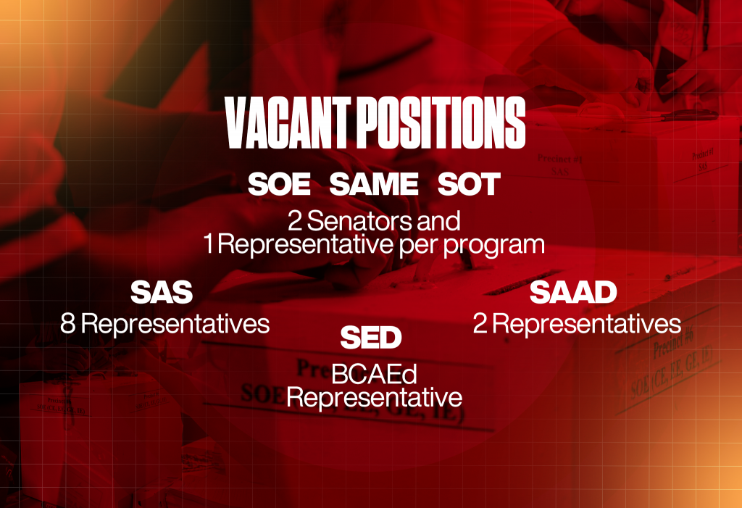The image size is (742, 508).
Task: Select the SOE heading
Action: point(279,185)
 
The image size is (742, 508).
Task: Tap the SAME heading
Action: point(374,185)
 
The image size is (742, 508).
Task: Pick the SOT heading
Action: point(469,185)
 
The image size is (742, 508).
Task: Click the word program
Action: point(493,245)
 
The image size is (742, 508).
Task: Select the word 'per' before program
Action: point(417,245)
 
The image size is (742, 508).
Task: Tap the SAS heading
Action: point(162,293)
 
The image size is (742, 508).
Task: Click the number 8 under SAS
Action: point(68,323)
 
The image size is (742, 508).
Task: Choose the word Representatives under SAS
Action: point(175,323)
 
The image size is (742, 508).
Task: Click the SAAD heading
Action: point(572,292)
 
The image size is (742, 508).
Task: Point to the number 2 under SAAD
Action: point(480,323)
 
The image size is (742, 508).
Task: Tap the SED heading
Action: point(370,338)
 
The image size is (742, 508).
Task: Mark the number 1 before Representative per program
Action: point(209,245)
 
